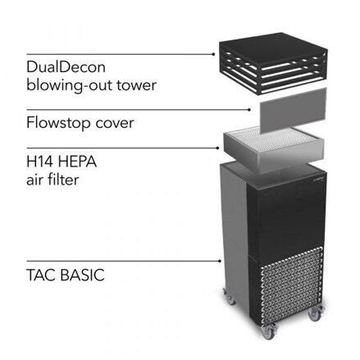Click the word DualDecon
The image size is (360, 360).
click(66, 67)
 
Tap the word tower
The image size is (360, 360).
click(137, 85)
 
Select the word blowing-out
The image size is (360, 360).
click(70, 86)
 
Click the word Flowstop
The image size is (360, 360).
click(58, 122)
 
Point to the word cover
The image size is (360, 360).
click(115, 124)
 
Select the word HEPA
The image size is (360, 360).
click(77, 162)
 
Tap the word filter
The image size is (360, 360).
click(63, 180)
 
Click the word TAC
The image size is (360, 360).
click(41, 275)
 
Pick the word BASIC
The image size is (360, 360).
click(82, 275)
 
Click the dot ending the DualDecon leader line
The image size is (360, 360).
click(213, 54)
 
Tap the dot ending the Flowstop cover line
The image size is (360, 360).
click(249, 110)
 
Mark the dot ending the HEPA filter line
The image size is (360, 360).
click(217, 148)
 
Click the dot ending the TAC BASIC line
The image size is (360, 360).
click(220, 261)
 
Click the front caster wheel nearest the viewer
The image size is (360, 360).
click(267, 331)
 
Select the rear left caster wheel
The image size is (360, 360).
click(229, 297)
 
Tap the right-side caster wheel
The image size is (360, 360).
click(315, 313)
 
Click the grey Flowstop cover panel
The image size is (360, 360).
click(293, 111)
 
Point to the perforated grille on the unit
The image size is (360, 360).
click(291, 286)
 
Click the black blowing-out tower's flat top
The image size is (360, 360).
click(273, 48)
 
